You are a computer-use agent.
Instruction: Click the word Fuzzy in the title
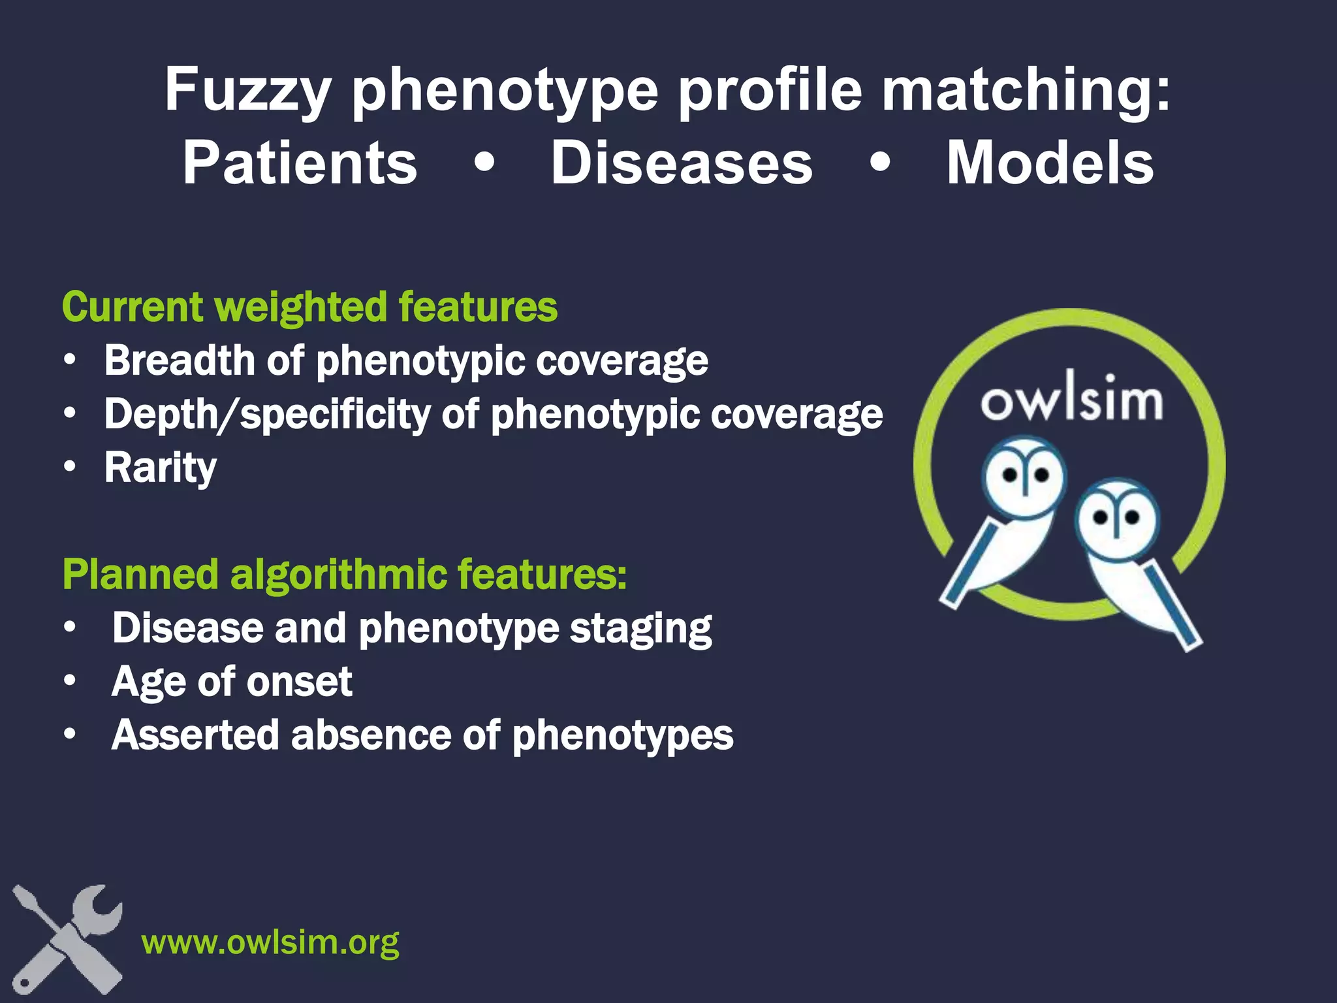click(x=247, y=91)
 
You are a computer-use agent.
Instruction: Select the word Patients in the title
click(x=300, y=163)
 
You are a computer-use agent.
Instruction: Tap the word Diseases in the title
click(x=682, y=163)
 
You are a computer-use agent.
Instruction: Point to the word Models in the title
click(x=1050, y=163)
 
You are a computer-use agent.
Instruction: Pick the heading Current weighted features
click(x=310, y=307)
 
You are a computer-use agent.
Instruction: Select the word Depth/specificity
click(x=267, y=414)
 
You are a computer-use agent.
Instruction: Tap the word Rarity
click(x=161, y=468)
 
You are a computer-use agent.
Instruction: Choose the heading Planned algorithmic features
click(x=345, y=575)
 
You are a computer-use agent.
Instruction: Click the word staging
click(x=640, y=629)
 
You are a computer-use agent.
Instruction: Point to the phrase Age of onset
click(x=232, y=682)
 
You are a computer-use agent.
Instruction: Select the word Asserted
click(x=195, y=735)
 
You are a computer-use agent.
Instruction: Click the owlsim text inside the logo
click(x=1071, y=399)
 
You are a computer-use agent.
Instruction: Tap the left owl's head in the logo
click(x=1024, y=475)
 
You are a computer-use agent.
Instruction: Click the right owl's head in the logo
click(x=1116, y=518)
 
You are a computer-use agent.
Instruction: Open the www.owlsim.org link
click(x=270, y=942)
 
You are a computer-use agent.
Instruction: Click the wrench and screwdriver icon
click(x=67, y=939)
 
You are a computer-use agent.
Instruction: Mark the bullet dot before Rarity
click(x=70, y=467)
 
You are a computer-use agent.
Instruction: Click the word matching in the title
click(x=1026, y=91)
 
